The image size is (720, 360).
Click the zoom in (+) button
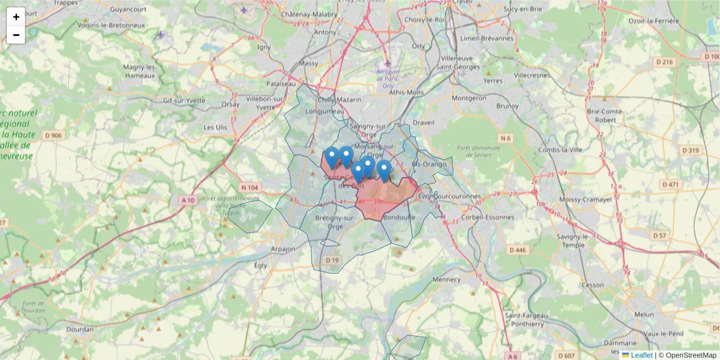click(16, 17)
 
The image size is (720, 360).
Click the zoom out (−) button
click(16, 35)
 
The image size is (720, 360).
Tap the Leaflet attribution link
click(641, 355)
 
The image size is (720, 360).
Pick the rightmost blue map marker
click(384, 171)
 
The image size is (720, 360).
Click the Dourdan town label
click(81, 329)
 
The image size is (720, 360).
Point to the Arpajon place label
click(283, 248)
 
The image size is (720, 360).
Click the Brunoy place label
click(507, 106)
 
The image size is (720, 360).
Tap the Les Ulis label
click(215, 127)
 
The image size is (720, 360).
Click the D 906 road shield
click(53, 135)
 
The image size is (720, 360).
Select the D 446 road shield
click(517, 250)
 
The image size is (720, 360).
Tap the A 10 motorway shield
click(187, 200)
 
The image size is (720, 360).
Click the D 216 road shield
click(665, 62)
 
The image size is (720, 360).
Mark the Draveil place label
click(424, 122)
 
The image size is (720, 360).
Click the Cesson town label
click(593, 285)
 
